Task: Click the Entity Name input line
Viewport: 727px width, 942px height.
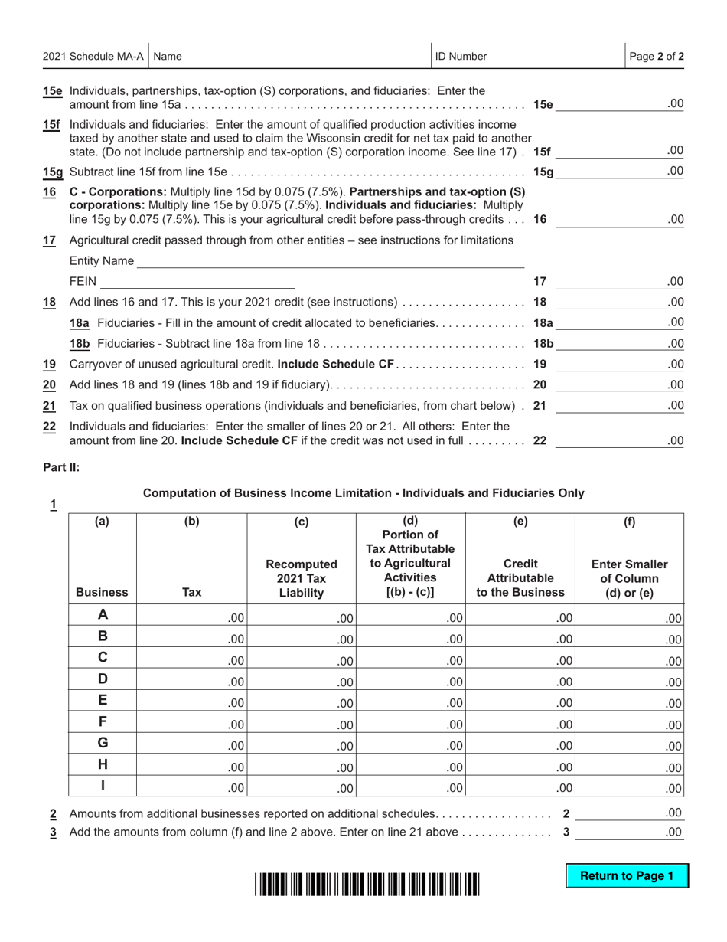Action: coord(329,261)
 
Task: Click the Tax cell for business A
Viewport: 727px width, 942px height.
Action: coord(191,617)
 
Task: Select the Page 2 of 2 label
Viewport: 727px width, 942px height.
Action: coord(656,56)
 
